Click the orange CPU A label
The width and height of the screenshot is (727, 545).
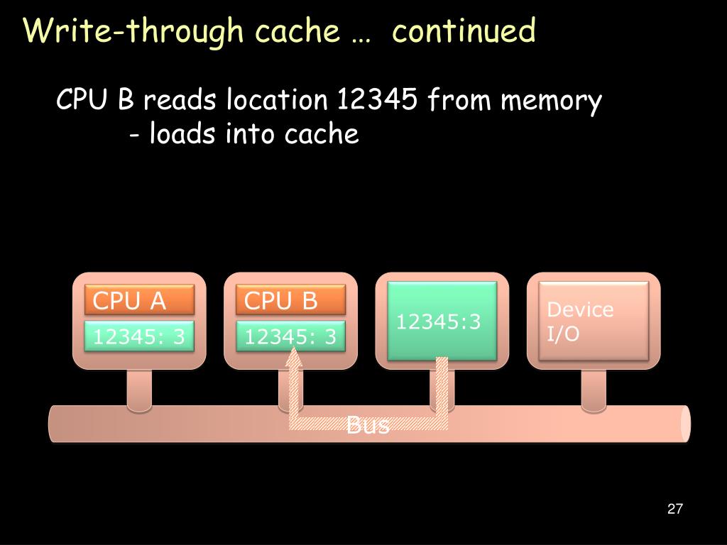140,301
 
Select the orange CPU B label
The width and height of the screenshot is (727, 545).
291,301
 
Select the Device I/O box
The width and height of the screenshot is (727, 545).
593,321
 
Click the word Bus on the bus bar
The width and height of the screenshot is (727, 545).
368,426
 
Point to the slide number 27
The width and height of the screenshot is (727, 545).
675,509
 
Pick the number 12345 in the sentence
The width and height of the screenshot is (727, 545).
376,101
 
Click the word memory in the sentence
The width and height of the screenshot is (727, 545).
552,101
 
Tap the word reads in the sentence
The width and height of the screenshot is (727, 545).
180,101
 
